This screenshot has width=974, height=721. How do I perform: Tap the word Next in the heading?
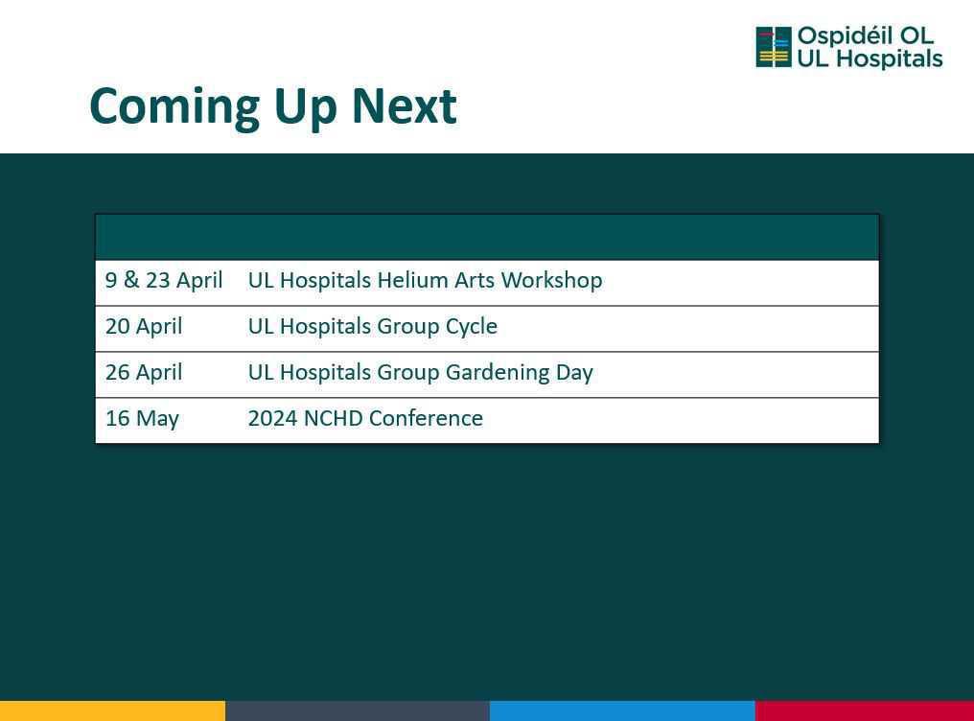[x=405, y=106]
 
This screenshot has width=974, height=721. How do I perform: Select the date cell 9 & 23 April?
[x=164, y=280]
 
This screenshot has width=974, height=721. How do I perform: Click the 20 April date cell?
[x=144, y=326]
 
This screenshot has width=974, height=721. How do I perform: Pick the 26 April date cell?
[x=144, y=372]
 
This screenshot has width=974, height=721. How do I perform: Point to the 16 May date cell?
[x=142, y=419]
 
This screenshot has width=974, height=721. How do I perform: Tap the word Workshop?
[x=551, y=281]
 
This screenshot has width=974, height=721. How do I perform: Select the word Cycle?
[x=472, y=327]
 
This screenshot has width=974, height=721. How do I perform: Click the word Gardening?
[x=498, y=373]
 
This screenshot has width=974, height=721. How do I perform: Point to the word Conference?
[x=426, y=418]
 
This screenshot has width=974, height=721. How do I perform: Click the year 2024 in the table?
[x=272, y=418]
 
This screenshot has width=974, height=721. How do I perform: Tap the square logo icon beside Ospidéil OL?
[x=774, y=47]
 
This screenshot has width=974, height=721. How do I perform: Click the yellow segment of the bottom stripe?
[x=112, y=711]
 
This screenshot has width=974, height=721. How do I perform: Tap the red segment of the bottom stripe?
[x=865, y=711]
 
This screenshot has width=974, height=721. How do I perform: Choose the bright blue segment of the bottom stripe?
[x=622, y=711]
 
